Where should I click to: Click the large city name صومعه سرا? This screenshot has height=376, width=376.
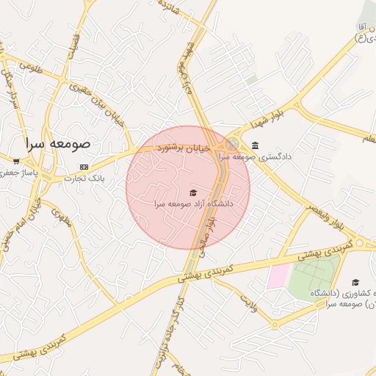(x=67, y=143)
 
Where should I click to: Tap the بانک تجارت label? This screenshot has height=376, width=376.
(x=85, y=178)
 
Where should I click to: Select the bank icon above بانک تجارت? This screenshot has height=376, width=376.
(x=83, y=167)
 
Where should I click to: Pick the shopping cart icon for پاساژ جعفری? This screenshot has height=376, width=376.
(x=15, y=161)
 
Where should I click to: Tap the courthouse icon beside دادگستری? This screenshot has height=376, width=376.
(x=255, y=145)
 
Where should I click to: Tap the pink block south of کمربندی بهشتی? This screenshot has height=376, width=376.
(x=278, y=276)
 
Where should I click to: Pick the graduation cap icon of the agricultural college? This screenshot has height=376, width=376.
(x=355, y=282)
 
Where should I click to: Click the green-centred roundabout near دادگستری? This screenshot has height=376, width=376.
(x=232, y=144)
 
